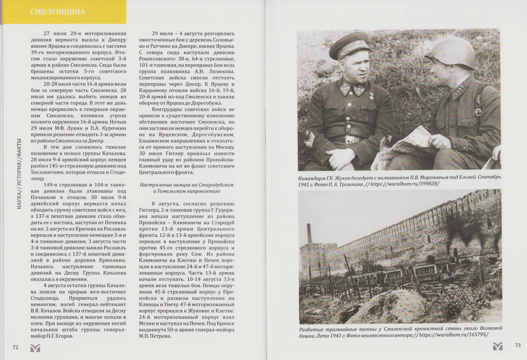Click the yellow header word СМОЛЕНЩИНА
tap(58, 12)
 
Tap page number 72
tap(16, 347)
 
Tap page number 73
tap(518, 346)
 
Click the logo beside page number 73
tap(498, 346)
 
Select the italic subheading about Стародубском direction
tap(187, 188)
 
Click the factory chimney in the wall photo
tap(309, 233)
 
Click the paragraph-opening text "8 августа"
tap(165, 204)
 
